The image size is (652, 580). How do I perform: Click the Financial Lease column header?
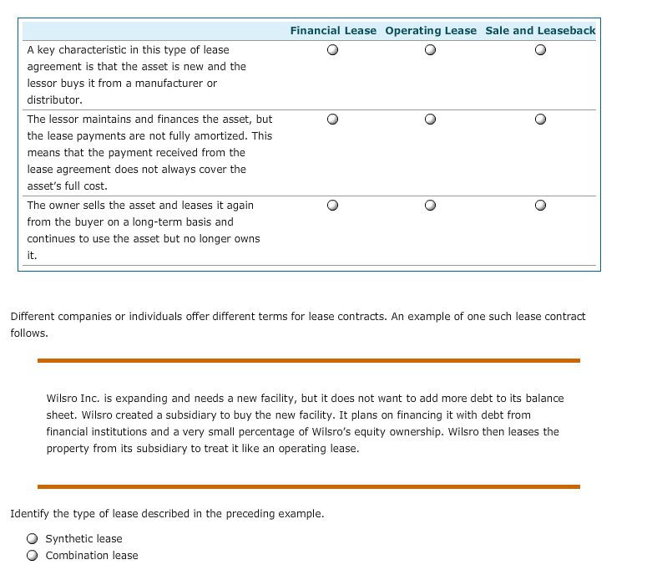coord(333,31)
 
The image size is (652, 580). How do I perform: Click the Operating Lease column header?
coord(431,31)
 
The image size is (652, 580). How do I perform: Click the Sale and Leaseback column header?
coord(540,31)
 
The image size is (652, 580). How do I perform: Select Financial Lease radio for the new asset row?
coord(333,50)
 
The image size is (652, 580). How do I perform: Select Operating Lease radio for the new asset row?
coord(431,50)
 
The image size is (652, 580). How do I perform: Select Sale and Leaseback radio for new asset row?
coord(541,50)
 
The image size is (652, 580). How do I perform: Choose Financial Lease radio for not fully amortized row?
coord(333,120)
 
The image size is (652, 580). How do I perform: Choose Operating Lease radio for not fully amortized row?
coord(431,120)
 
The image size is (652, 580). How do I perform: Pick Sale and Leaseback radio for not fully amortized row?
coord(541,120)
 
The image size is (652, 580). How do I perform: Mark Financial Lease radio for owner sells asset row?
coord(333,205)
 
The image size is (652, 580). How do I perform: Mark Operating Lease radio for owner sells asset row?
coord(431,205)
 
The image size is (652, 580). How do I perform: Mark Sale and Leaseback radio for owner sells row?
coord(541,205)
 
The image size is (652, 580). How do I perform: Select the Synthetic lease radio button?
coord(32,539)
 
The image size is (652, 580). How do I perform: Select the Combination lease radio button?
coord(32,556)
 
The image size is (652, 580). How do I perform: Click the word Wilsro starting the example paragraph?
coord(62,399)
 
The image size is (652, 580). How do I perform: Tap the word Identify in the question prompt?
coord(29,514)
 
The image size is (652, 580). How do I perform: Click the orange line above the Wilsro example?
coord(308,360)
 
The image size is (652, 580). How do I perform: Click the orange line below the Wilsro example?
coord(308,486)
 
